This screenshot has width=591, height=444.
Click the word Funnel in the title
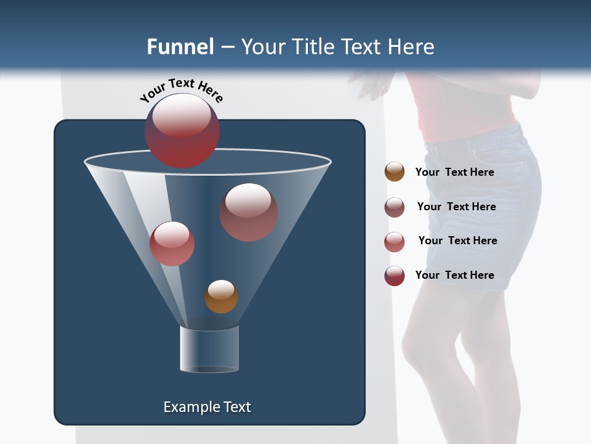[x=180, y=47]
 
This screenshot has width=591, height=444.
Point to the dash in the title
[x=227, y=47]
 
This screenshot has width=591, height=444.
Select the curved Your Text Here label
[x=181, y=90]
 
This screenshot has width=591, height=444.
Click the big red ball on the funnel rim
[x=182, y=131]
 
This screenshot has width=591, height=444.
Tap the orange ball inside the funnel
[x=221, y=296]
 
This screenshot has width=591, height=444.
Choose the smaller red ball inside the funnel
[x=172, y=244]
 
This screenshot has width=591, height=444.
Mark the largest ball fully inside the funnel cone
[x=249, y=212]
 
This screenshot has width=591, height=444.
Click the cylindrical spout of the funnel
[x=209, y=349]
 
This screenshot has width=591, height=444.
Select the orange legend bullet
[x=395, y=172]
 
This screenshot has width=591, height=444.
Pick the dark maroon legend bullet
[x=395, y=276]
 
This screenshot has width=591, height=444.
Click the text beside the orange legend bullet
[x=454, y=172]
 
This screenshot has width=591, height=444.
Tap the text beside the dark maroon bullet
[x=454, y=275]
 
